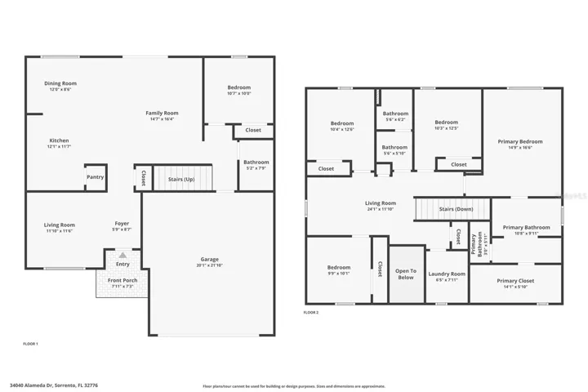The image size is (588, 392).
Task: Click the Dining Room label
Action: tap(60, 83)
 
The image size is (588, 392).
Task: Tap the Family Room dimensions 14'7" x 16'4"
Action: tap(162, 119)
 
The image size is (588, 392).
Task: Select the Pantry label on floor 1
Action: tap(95, 176)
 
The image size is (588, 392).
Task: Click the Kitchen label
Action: tap(59, 140)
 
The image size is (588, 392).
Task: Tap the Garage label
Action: tap(210, 258)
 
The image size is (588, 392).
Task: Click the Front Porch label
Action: tap(122, 281)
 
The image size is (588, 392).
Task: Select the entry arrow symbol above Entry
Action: tap(122, 256)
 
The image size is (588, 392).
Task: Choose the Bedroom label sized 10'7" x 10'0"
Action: tap(239, 87)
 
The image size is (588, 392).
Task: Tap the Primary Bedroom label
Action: tap(520, 141)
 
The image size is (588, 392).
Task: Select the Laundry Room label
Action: tap(447, 274)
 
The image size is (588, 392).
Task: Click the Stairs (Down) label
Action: tap(455, 209)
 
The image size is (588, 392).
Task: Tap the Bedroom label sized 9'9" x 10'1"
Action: tap(339, 267)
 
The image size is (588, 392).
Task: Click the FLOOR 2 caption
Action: tap(311, 313)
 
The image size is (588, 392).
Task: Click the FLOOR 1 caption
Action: tap(30, 344)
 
